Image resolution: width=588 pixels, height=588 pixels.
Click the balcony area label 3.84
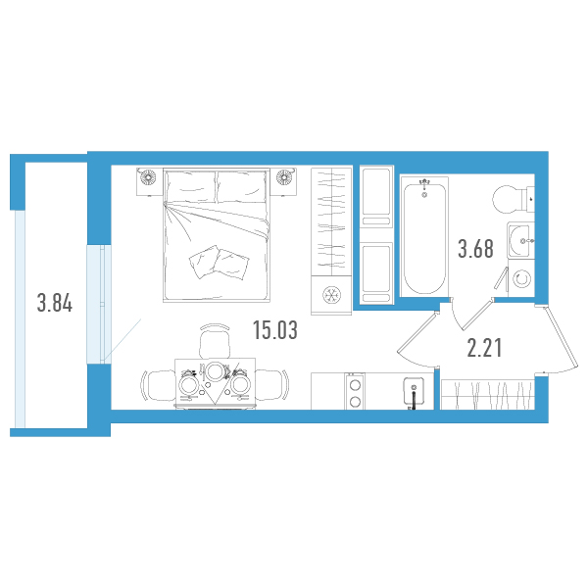[55, 303]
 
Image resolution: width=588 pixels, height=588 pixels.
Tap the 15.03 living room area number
[275, 330]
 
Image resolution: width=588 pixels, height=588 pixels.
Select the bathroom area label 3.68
[475, 249]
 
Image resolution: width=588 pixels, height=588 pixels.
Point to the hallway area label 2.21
[484, 347]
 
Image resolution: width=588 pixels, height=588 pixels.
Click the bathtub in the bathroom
[424, 237]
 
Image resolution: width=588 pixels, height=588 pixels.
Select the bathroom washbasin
[520, 240]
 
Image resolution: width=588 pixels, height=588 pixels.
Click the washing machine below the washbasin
[521, 278]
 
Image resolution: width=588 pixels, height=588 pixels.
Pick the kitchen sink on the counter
[414, 391]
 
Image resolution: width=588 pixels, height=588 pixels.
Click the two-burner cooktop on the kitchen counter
[355, 392]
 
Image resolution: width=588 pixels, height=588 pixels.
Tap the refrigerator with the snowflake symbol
[331, 295]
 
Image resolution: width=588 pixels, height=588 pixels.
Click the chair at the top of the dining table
[215, 340]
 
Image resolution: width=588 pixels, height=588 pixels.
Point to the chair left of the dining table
[158, 385]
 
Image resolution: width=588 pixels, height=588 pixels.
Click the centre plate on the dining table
[215, 371]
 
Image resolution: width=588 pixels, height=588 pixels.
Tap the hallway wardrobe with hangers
[487, 395]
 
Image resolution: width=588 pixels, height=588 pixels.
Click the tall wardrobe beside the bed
[331, 222]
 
